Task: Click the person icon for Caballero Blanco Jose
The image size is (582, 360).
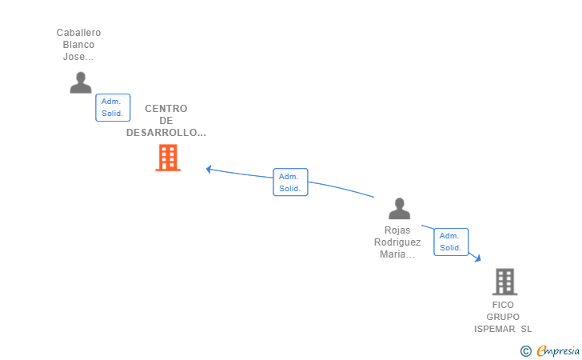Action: tap(80, 82)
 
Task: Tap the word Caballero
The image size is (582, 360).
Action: tap(78, 33)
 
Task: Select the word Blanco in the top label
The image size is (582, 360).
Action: tap(78, 45)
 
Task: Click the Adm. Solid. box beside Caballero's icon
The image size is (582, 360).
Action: tap(112, 107)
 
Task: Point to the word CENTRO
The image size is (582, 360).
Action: tap(165, 109)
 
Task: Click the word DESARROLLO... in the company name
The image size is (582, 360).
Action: tap(165, 133)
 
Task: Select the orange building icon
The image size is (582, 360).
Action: tap(167, 158)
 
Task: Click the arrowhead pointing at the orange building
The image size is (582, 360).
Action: tap(209, 169)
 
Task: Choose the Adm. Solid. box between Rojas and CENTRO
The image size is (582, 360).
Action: tap(289, 182)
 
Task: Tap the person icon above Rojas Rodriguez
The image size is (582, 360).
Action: tap(399, 209)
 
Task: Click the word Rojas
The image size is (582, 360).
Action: tap(397, 230)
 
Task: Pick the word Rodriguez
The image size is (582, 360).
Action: tap(397, 242)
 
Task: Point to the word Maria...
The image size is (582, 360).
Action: tap(396, 254)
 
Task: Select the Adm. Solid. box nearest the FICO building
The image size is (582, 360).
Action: tap(450, 242)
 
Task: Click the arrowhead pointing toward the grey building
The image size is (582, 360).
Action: tap(477, 258)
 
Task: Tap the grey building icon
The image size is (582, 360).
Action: tap(504, 282)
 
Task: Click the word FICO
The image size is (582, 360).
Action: tap(503, 305)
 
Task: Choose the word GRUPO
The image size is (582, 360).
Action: tap(503, 317)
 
